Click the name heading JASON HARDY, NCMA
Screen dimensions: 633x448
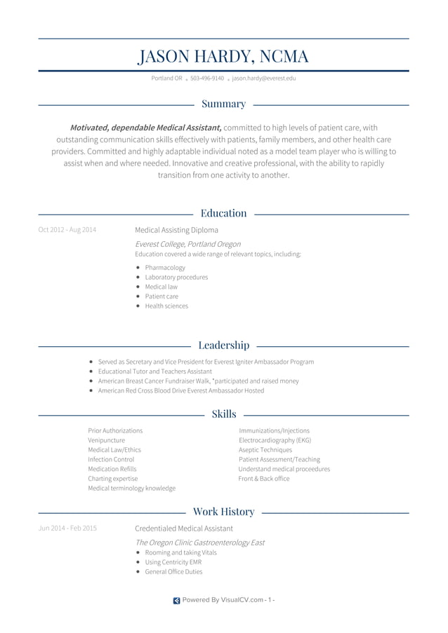[223, 56]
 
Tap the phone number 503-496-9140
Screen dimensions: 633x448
[207, 79]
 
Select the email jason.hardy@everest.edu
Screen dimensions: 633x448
[264, 79]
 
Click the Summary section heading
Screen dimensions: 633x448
[223, 104]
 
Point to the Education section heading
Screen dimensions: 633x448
[223, 213]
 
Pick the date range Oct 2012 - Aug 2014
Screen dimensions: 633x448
[67, 230]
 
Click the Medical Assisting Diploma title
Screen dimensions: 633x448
[176, 230]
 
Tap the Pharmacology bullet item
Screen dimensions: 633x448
[165, 268]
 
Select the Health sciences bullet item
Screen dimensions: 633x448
[166, 306]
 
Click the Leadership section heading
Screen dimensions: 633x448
[223, 345]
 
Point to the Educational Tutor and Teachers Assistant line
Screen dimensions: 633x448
[154, 372]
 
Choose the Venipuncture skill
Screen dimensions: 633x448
[107, 440]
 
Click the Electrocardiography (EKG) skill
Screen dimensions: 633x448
[275, 440]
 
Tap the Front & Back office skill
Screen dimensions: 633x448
[264, 479]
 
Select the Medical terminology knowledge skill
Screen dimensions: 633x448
[132, 489]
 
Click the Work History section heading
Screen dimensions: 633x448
[223, 512]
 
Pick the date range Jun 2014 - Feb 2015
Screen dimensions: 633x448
[67, 529]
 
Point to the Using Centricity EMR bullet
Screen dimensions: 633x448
[173, 562]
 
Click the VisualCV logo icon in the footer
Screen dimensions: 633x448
[176, 600]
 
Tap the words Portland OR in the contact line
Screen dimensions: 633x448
[166, 79]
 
